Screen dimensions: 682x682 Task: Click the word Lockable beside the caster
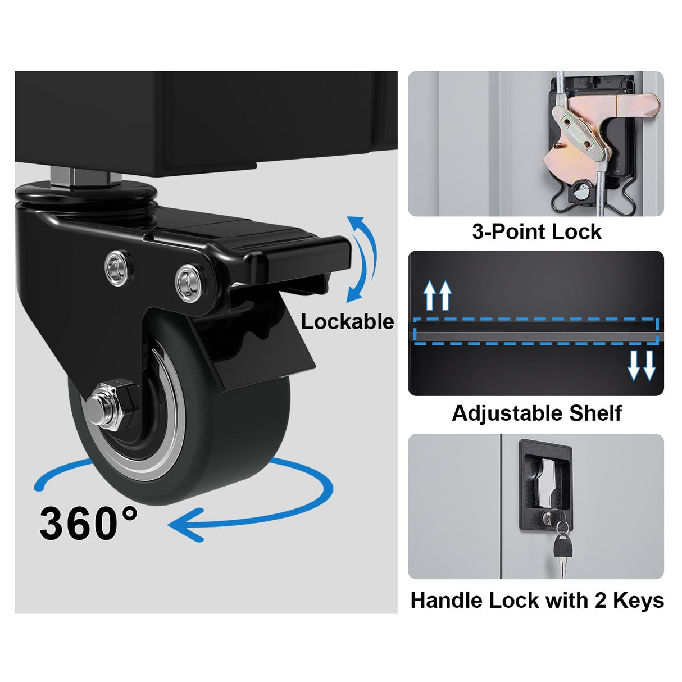point(348,322)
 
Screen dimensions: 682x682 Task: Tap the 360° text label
point(88,522)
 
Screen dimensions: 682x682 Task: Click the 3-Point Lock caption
point(536,232)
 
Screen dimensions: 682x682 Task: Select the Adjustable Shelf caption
point(536,413)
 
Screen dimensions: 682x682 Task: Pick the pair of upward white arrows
point(438,295)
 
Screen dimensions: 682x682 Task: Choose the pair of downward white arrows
point(642,366)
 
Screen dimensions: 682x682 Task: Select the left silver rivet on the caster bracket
point(117,266)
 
